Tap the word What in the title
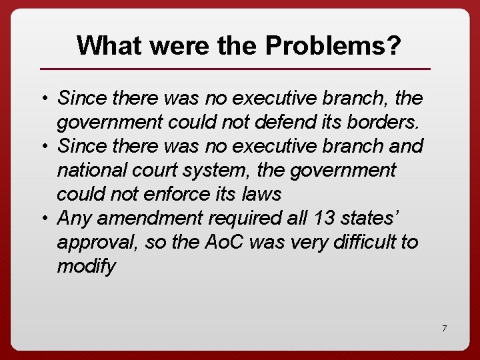[111, 45]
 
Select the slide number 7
[444, 328]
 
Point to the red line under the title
[235, 69]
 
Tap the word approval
[97, 242]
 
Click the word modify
[86, 266]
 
